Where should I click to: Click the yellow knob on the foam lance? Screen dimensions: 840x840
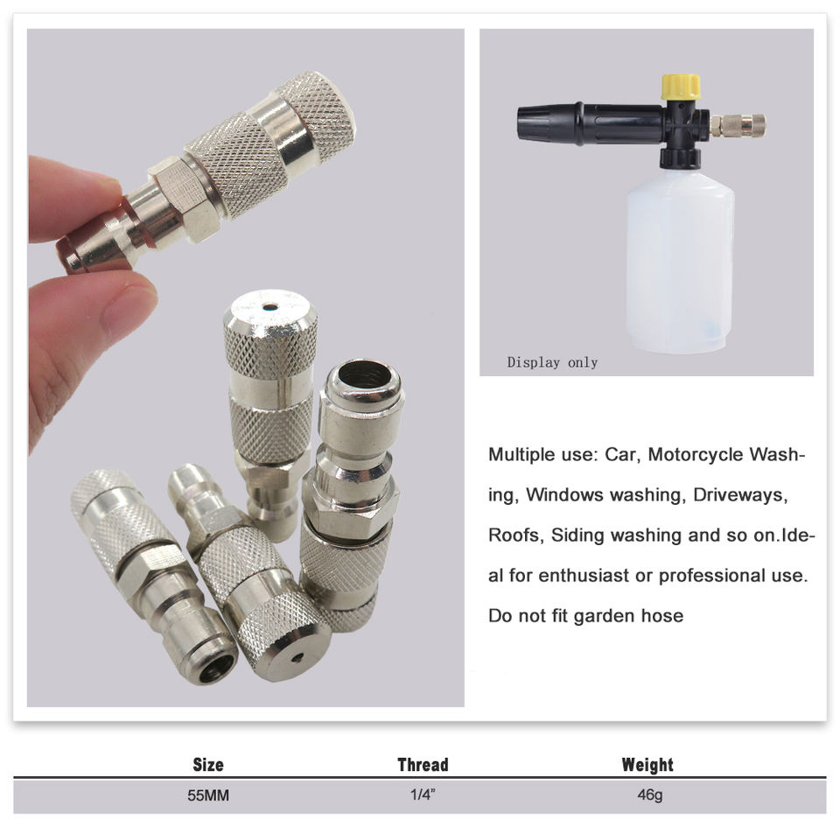(x=681, y=87)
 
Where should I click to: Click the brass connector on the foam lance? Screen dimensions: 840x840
(x=737, y=125)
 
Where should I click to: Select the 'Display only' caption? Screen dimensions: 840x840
(x=552, y=362)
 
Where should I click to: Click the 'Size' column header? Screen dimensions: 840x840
(x=208, y=765)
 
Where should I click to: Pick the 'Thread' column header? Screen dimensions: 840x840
(x=423, y=765)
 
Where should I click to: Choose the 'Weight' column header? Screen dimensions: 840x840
(x=647, y=765)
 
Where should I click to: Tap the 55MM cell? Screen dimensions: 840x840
(x=208, y=795)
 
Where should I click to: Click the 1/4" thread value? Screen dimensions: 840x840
(x=423, y=794)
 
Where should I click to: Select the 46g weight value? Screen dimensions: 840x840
(x=649, y=795)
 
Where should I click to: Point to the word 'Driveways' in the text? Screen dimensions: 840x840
(x=740, y=495)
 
